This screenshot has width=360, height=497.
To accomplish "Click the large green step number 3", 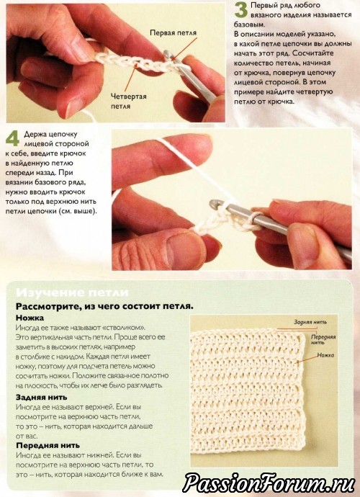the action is pos(240,10).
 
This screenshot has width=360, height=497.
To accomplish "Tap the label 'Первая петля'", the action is pos(173,33).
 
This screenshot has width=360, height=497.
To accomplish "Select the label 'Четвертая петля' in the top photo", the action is pos(129,101).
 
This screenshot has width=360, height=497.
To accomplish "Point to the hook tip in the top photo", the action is pos(167,54).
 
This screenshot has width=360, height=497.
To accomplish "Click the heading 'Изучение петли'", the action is pos(72,292).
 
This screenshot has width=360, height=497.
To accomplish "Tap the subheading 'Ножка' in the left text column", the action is pos(30,318).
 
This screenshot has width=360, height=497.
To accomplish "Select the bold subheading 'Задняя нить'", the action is pos(42,397).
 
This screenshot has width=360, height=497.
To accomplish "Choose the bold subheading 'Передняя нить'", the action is pos(48,445).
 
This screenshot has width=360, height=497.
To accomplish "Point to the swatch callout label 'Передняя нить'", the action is pos(323,339).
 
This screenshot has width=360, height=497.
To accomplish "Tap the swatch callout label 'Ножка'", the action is pos(325,355).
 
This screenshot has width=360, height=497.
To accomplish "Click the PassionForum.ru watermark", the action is pos(269,483).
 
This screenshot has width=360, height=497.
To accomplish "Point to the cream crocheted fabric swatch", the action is pos(249,393).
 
